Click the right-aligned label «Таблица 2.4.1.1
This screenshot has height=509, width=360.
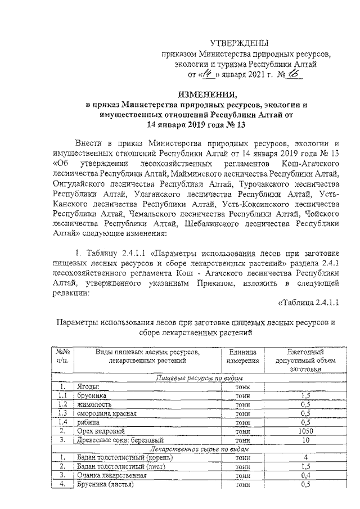(309, 304)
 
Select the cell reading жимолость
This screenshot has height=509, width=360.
(94, 404)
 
